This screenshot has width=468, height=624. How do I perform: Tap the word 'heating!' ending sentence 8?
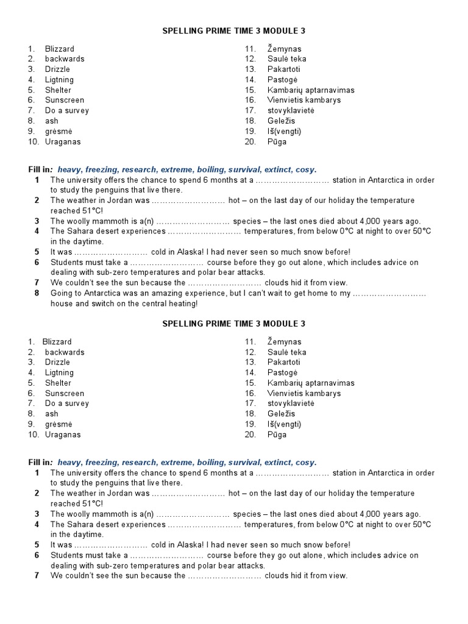(182, 303)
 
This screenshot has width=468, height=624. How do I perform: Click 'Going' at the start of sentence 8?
(62, 293)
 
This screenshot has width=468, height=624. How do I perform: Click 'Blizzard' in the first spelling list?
(60, 49)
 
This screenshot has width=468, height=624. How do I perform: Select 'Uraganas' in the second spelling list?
(62, 434)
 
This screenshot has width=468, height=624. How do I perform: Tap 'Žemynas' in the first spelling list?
(284, 49)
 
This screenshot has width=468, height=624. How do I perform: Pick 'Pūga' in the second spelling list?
(277, 434)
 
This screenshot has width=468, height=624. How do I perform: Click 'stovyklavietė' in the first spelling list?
(291, 110)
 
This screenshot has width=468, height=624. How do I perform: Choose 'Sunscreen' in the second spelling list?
(65, 393)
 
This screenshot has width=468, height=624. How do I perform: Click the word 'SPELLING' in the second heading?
(182, 324)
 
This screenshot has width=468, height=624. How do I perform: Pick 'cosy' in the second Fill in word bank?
(307, 463)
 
